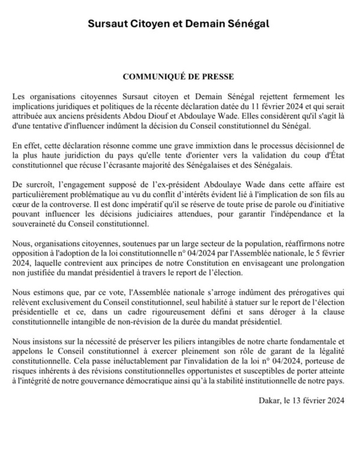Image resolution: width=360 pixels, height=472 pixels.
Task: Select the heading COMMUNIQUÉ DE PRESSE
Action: coord(180,77)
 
